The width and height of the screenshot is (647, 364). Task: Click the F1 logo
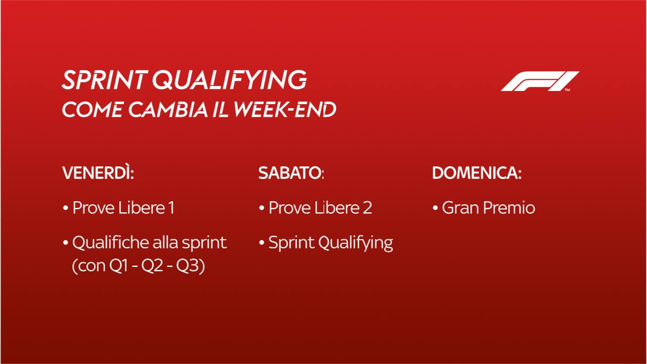540,81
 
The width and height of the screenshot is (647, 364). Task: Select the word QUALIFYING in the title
229,80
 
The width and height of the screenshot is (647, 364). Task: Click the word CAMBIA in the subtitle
168,110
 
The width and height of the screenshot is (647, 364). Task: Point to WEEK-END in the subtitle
285,110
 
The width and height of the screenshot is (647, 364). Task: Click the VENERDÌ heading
98,173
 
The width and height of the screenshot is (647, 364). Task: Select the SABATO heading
291,173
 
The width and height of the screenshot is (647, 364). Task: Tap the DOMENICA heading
477,173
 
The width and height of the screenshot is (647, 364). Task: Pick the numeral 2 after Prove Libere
367,208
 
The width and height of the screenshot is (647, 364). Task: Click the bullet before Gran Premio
435,208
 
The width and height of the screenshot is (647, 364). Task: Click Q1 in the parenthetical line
118,265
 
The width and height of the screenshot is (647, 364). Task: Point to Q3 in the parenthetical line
187,265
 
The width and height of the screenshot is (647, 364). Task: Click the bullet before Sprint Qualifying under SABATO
262,242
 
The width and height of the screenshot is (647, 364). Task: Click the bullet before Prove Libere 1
65,208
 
